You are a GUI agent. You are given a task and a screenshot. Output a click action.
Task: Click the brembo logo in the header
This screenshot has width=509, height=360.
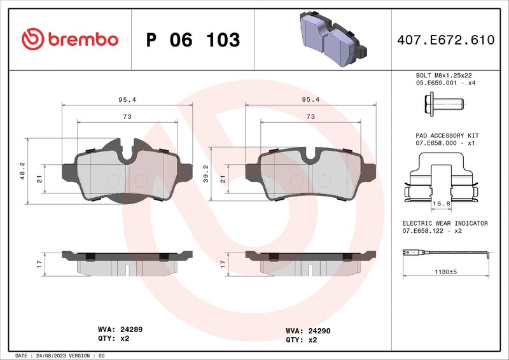click(70, 39)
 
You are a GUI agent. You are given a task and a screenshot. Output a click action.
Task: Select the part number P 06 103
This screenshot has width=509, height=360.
click(193, 40)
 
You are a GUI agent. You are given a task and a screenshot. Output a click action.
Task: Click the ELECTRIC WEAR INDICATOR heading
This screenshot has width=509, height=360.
click(445, 223)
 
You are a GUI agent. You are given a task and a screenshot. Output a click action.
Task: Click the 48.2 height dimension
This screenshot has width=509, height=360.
click(23, 170)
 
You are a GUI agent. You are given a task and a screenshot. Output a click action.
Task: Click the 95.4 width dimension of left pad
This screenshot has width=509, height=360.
click(127, 100)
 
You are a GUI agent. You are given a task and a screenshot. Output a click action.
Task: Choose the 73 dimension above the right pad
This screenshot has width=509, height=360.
click(310, 116)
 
